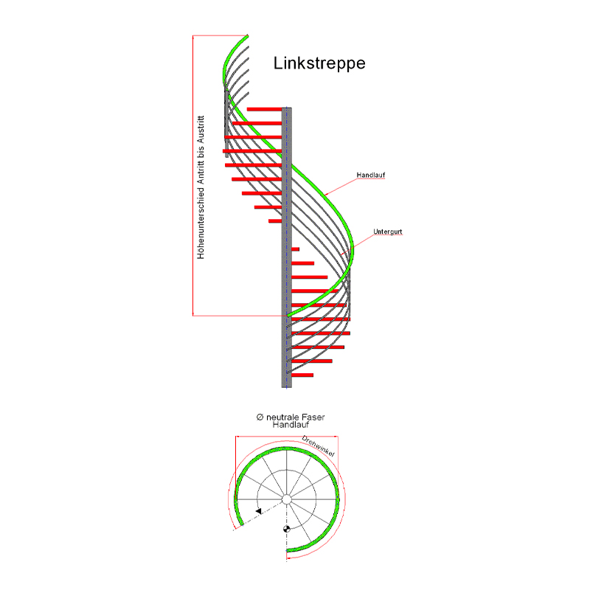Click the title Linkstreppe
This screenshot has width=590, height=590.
coord(319,63)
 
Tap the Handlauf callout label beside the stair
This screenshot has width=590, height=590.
coord(371,175)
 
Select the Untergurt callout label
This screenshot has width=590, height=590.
coord(388,232)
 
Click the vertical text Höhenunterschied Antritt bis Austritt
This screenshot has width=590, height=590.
coord(201,187)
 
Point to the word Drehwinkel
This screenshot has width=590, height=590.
coord(318,446)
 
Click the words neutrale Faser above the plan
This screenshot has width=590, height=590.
coord(296,417)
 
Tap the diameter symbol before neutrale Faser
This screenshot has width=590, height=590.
coord(260,417)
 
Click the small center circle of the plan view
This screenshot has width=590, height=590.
coord(287,499)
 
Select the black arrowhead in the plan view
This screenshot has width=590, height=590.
coord(259,511)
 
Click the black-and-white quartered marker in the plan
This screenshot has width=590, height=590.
coord(286,529)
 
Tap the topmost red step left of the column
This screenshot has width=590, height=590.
coord(264,109)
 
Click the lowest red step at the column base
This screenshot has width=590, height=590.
coord(302,375)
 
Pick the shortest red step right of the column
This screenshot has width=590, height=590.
coord(296,249)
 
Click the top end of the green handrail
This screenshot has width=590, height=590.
coord(247,36)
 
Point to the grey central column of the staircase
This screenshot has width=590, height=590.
coord(287,247)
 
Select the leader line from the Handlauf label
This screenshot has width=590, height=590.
coord(341,187)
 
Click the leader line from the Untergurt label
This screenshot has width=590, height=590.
coord(357,245)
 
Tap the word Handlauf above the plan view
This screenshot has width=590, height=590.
coord(291,425)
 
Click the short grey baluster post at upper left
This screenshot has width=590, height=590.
coord(226,122)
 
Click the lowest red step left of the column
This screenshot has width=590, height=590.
coord(275,221)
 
